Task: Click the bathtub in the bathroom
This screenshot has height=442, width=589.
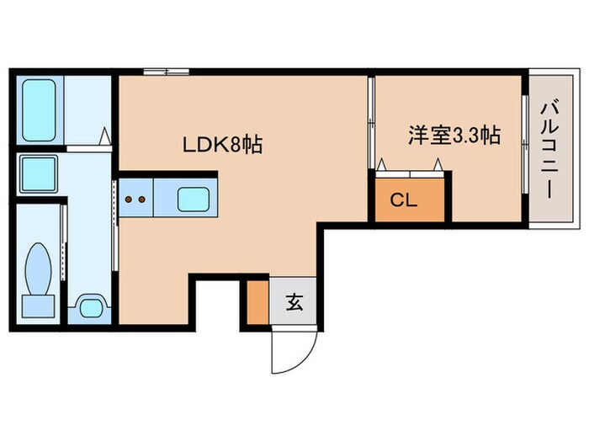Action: pyautogui.click(x=38, y=109)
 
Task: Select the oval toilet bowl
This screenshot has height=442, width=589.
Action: pyautogui.click(x=39, y=266)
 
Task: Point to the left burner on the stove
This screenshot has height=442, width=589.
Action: pyautogui.click(x=129, y=200)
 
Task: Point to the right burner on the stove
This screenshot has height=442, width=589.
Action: pyautogui.click(x=142, y=200)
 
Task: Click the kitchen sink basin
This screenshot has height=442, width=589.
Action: pyautogui.click(x=195, y=200)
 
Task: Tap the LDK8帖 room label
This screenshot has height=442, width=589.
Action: pyautogui.click(x=223, y=145)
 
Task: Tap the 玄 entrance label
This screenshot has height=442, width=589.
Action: pyautogui.click(x=294, y=301)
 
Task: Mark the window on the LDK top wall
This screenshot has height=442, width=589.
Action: pyautogui.click(x=166, y=72)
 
